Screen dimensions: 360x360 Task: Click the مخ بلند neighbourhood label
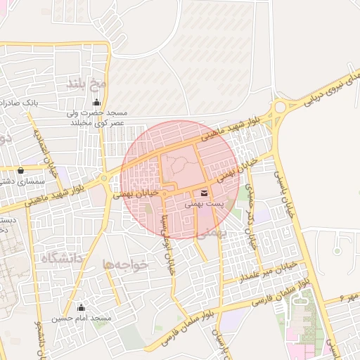[86, 84]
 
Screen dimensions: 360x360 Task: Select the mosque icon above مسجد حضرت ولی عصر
[96, 103]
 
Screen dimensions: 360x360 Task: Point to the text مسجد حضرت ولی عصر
[97, 117]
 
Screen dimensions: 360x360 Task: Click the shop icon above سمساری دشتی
[20, 170]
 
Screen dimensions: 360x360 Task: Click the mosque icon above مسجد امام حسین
[81, 307]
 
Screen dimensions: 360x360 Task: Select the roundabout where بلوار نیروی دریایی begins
[281, 108]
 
